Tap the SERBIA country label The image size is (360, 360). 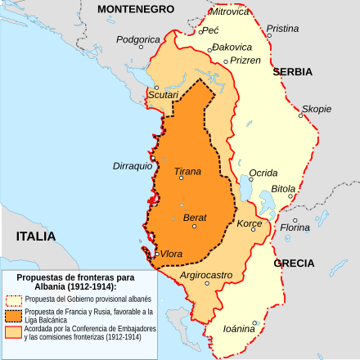tap(292, 72)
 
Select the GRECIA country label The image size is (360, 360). tap(294, 263)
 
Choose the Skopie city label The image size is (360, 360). tap(316, 108)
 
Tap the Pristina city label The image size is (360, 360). tap(283, 28)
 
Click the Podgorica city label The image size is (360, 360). tap(137, 38)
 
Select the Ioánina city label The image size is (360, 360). tap(238, 328)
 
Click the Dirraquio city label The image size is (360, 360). tap(133, 165)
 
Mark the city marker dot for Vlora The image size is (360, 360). tap(157, 254)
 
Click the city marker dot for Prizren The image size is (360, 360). tap(226, 61)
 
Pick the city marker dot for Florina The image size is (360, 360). tap(295, 220)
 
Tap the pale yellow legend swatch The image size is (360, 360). tap(11, 299)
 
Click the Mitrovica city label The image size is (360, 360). tap(231, 11)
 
